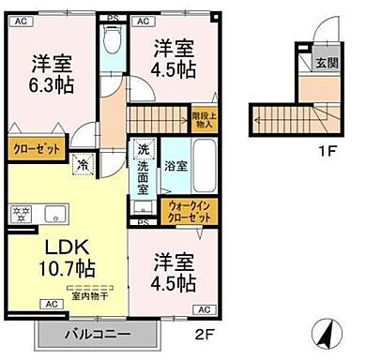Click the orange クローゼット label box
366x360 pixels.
36,148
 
